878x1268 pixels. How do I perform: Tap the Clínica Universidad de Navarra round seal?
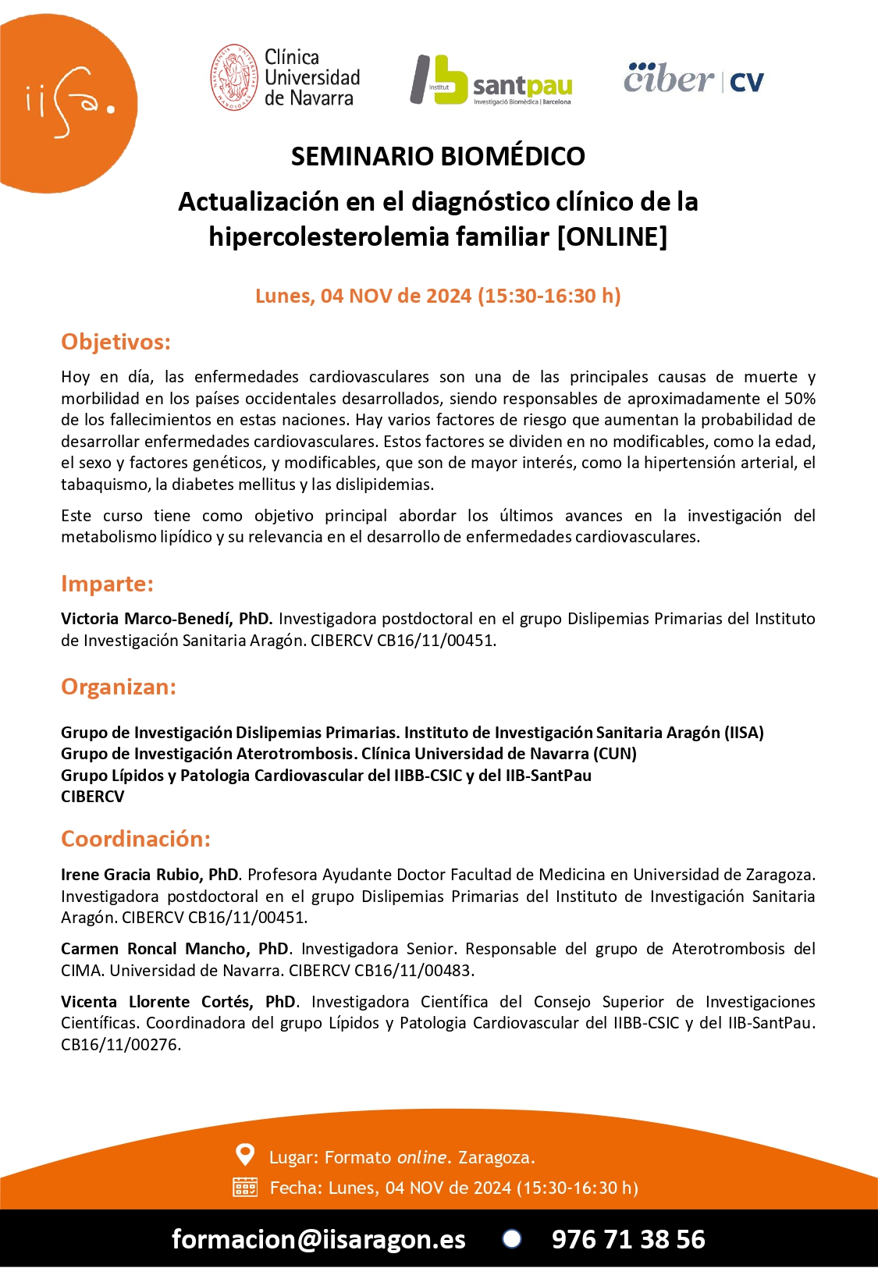234,77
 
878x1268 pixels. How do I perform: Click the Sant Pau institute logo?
492,80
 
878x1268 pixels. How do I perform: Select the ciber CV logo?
693,79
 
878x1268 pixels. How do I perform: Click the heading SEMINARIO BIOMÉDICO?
438,156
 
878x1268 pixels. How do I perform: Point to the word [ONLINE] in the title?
612,236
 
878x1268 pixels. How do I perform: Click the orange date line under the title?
438,296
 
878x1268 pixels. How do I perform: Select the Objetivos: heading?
116,342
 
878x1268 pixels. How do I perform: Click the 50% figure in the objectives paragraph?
799,399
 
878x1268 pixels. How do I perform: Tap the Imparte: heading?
107,584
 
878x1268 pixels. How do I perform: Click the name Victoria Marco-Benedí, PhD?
166,619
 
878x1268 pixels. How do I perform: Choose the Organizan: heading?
119,687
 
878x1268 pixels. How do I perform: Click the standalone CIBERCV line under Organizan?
93,797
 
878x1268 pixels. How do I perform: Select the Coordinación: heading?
136,839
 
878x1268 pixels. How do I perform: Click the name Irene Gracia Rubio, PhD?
150,875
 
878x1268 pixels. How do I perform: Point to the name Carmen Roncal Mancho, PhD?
175,949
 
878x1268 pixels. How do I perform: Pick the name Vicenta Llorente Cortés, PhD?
179,1002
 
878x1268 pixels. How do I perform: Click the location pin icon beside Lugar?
245,1154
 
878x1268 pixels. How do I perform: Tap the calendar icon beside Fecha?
245,1188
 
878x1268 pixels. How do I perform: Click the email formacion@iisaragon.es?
318,1239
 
